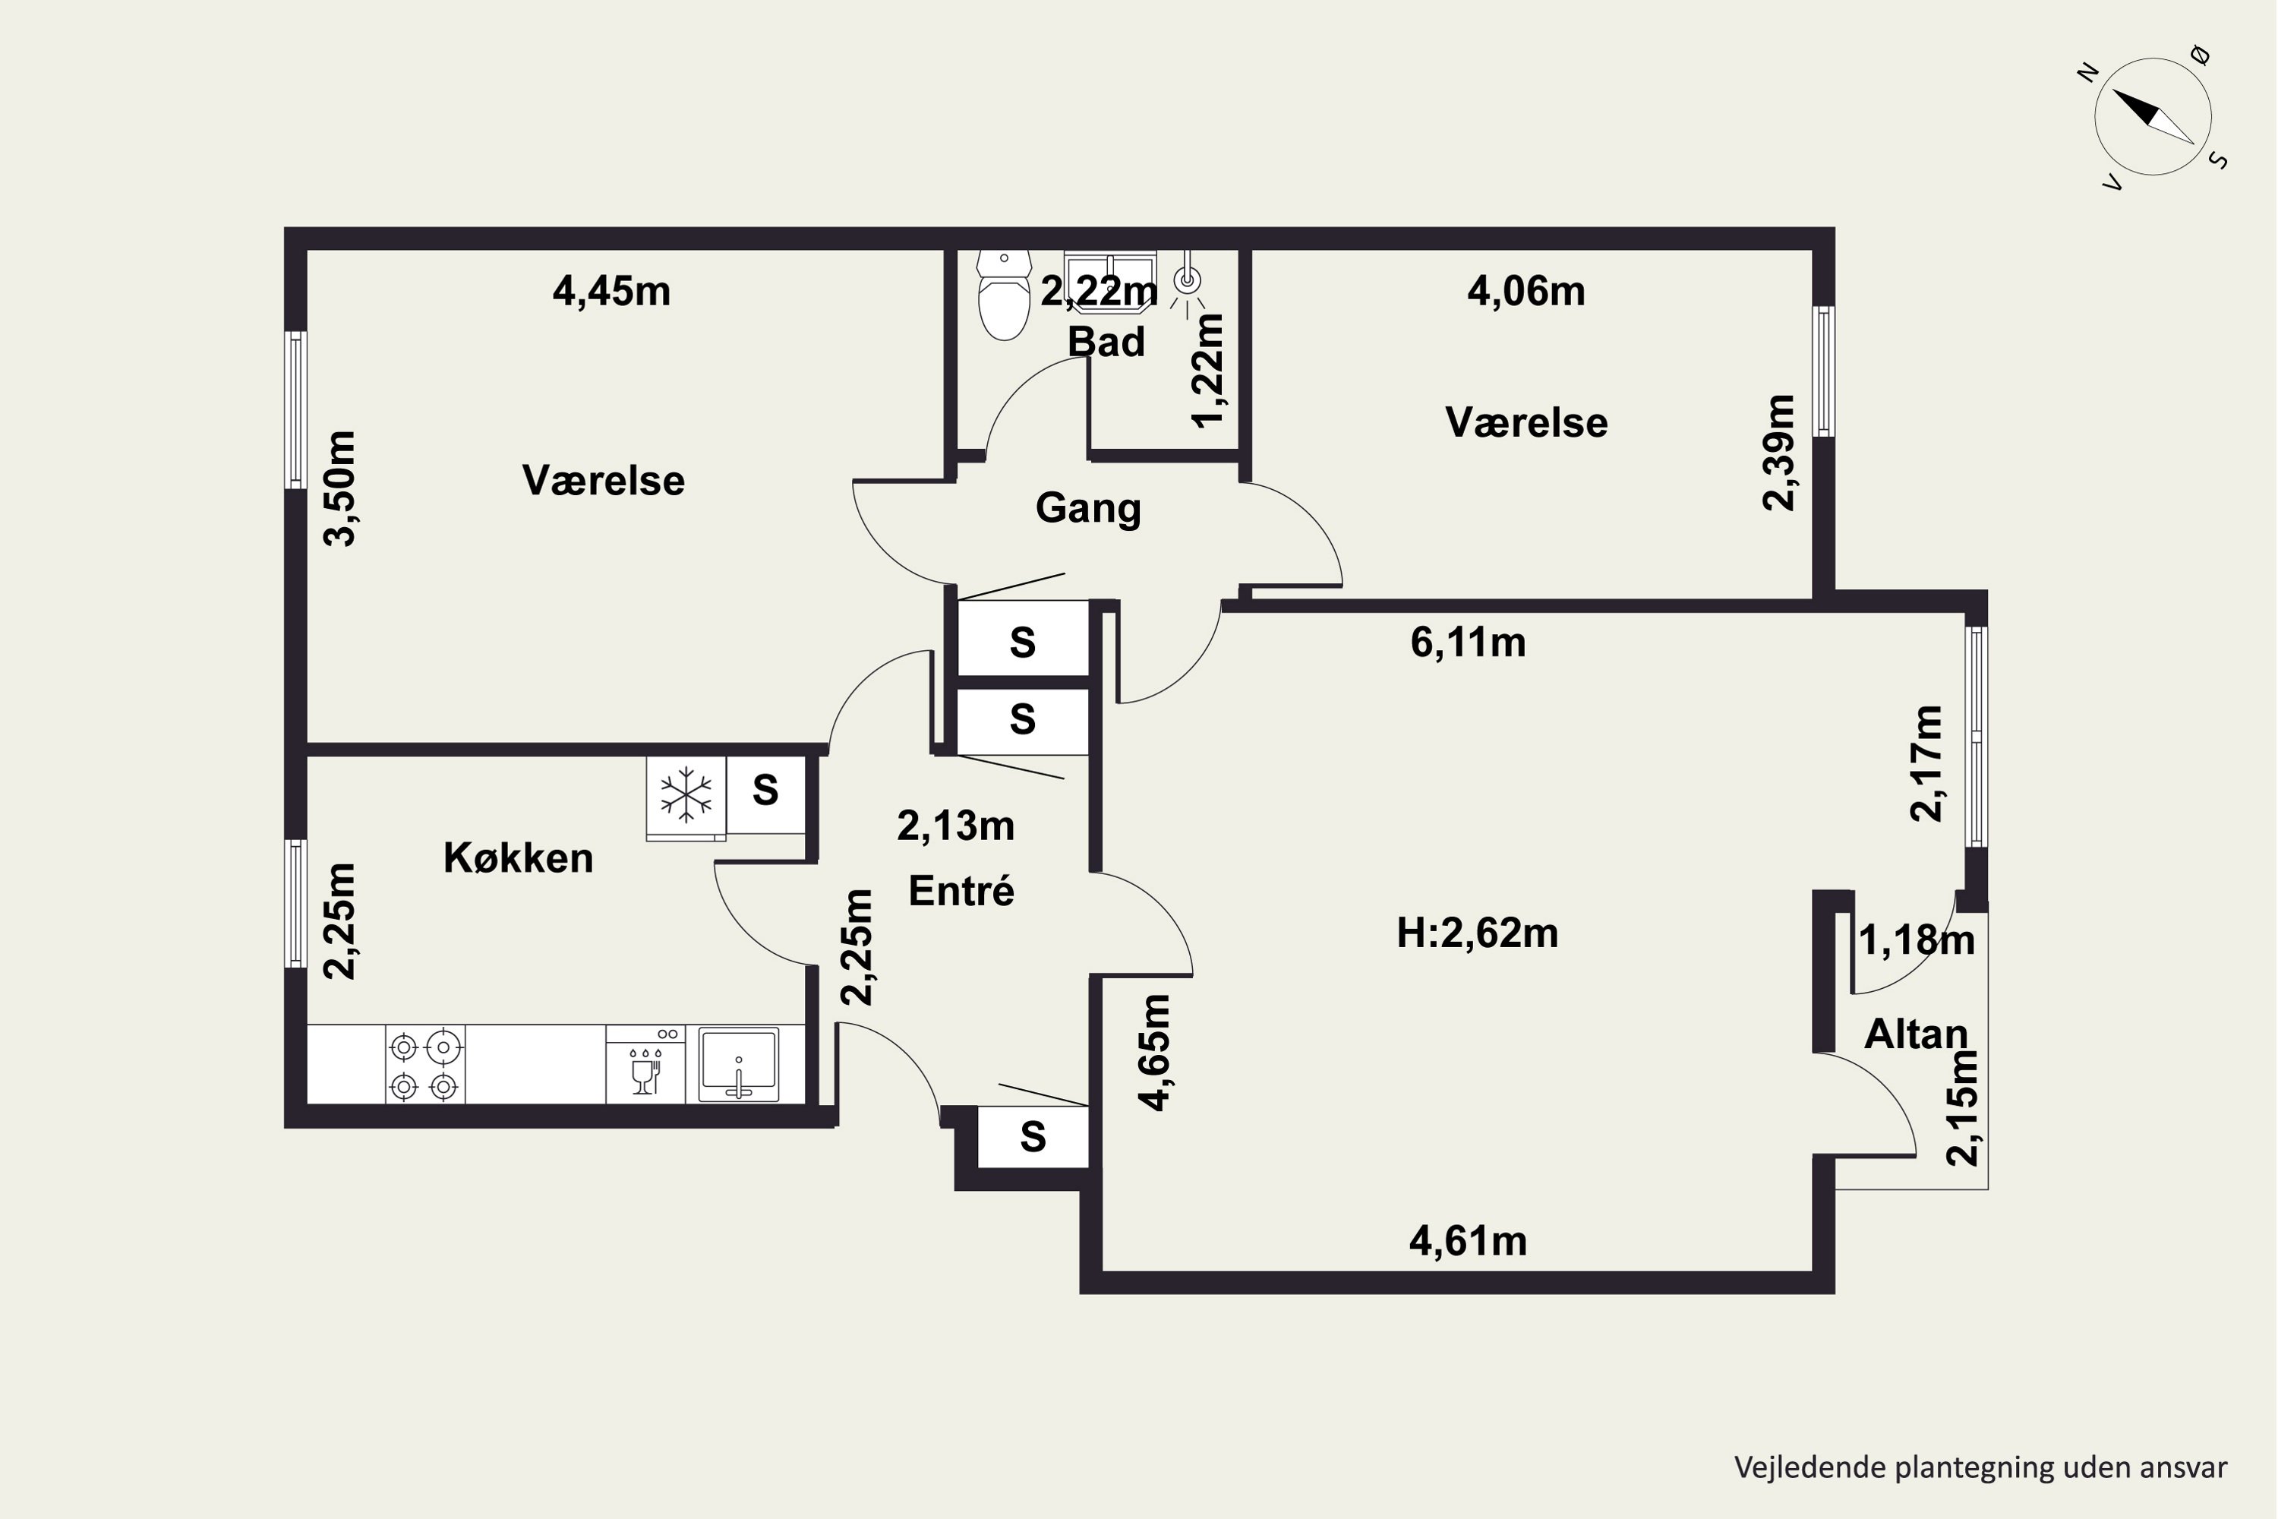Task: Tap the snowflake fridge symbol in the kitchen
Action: (x=686, y=796)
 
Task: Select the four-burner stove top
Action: (x=425, y=1064)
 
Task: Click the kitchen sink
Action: (x=739, y=1064)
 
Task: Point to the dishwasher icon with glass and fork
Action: (x=645, y=1064)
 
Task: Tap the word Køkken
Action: (x=518, y=857)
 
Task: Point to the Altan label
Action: (x=1916, y=1034)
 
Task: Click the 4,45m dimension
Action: (x=611, y=291)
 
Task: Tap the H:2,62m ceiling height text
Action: (x=1477, y=933)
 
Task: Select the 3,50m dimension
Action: (x=339, y=488)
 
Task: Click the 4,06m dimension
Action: (x=1526, y=291)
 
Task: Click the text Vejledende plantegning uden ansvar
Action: (x=1980, y=1467)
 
